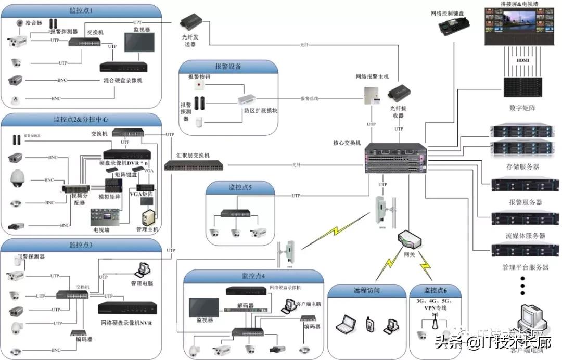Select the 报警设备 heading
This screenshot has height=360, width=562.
click(x=228, y=67)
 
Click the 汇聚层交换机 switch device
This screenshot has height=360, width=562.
click(x=194, y=166)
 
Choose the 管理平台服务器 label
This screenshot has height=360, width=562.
click(x=525, y=267)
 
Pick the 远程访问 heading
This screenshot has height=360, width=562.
click(x=366, y=290)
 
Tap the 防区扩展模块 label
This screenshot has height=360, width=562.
click(x=261, y=111)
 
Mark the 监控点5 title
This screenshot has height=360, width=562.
click(x=239, y=187)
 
